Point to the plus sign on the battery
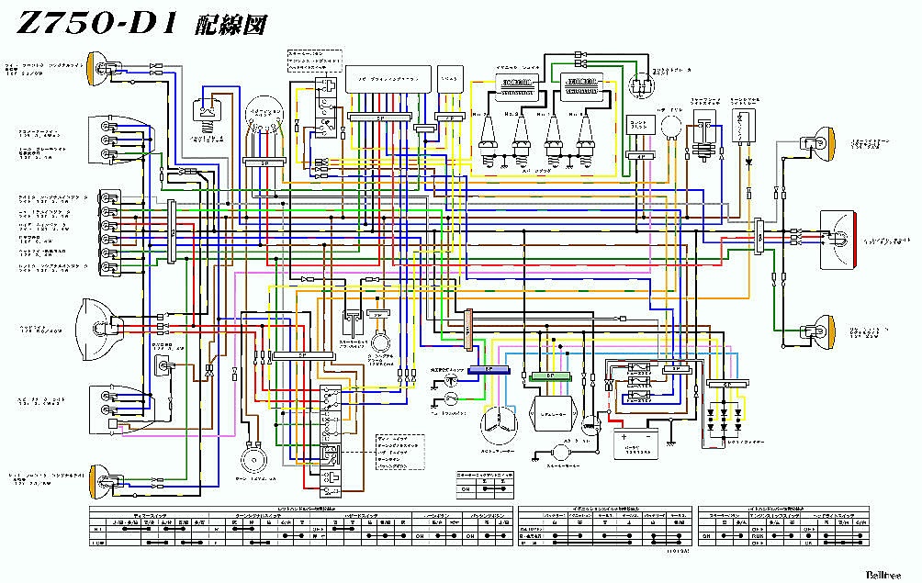[625, 437]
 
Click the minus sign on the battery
[648, 437]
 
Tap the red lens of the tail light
[853, 238]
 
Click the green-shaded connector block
[551, 376]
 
